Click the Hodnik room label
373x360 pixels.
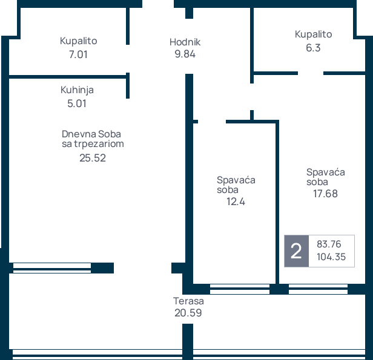(x=185, y=42)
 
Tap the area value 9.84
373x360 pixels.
(x=185, y=54)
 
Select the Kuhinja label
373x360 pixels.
(x=77, y=90)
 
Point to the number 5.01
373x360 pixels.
(x=76, y=103)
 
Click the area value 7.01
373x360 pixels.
(x=78, y=54)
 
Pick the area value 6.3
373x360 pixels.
(x=313, y=48)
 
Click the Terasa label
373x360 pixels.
(x=188, y=301)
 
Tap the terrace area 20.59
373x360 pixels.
(x=188, y=313)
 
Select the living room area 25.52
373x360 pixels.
(x=93, y=158)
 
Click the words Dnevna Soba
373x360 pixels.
(x=91, y=134)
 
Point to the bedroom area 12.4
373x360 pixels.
(x=236, y=201)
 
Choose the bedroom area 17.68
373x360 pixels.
(x=325, y=194)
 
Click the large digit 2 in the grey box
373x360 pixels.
(x=296, y=251)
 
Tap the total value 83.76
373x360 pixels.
(x=329, y=244)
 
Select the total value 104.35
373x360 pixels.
(x=331, y=257)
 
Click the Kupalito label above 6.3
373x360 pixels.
(x=313, y=34)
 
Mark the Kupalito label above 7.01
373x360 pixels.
(x=78, y=41)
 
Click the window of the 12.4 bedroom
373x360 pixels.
(x=240, y=289)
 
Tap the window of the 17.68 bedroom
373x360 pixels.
(x=319, y=289)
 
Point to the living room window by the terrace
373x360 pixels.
(x=52, y=268)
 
